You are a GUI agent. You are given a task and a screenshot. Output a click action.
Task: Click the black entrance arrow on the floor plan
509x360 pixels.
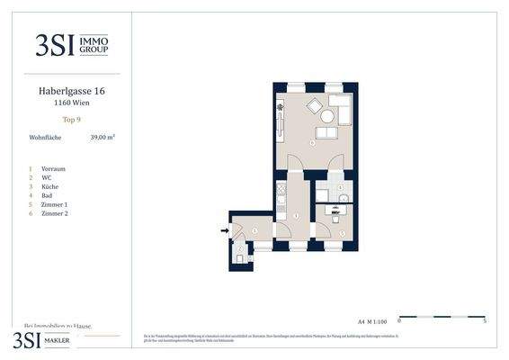[225, 231]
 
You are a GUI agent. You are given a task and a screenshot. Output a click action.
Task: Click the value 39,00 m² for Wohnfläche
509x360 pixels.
[103, 138]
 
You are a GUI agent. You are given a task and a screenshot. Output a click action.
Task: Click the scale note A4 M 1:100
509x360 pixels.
[371, 319]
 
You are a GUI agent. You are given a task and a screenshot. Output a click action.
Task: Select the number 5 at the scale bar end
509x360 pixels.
[486, 320]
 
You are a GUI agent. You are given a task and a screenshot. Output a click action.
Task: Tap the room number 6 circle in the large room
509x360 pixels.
[312, 142]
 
